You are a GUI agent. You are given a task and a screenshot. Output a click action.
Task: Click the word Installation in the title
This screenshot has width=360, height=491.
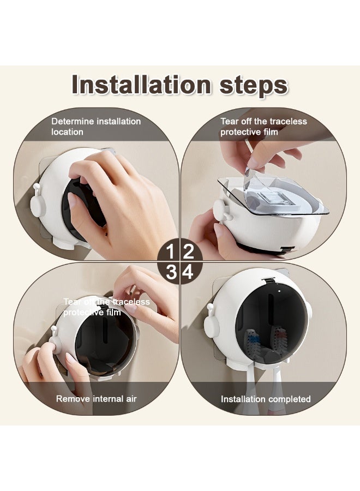(x=141, y=85)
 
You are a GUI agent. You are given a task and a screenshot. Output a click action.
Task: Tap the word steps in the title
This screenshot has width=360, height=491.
(x=254, y=87)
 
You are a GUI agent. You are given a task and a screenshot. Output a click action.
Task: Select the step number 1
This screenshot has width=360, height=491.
(x=170, y=252)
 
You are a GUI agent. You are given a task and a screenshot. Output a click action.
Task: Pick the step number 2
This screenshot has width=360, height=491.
(x=188, y=252)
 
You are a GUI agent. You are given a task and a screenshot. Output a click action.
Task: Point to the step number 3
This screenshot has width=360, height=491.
(x=171, y=272)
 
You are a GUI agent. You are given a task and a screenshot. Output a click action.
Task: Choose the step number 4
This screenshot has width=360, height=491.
(x=188, y=272)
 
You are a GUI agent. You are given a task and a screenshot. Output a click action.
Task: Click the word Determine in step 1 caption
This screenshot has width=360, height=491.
(x=73, y=121)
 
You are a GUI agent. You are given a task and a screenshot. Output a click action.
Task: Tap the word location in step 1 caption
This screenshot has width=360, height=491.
(x=67, y=132)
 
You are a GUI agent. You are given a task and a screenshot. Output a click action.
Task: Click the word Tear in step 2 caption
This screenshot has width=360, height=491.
(x=230, y=121)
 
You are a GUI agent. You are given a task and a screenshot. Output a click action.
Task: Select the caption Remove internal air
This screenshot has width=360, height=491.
(x=97, y=399)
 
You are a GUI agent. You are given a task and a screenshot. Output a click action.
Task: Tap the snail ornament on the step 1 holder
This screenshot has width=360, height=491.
(x=38, y=202)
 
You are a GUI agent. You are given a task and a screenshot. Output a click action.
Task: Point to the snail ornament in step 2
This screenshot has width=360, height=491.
(x=223, y=211)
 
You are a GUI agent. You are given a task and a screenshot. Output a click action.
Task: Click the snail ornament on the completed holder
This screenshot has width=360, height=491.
(x=211, y=322)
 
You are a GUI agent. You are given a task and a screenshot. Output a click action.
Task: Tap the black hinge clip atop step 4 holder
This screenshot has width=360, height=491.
(x=268, y=280)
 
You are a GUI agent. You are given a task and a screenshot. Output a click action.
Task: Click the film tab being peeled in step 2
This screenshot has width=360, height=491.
(x=249, y=177)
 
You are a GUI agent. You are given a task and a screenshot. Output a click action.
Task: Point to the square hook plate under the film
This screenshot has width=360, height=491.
(x=275, y=198)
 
